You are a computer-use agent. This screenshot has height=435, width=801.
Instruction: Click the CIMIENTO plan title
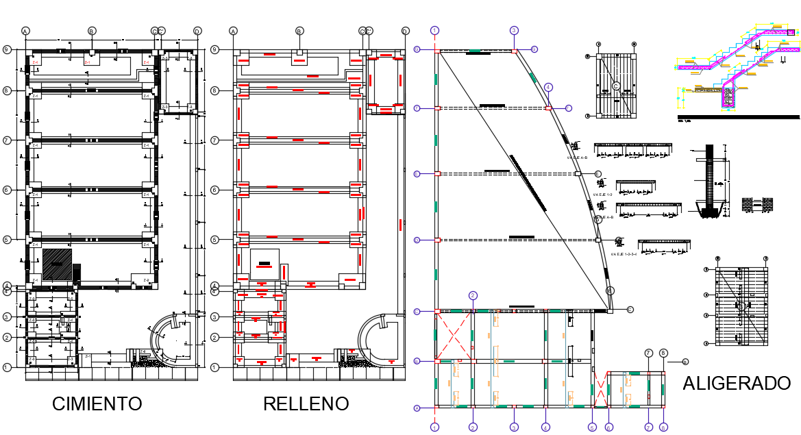(97, 403)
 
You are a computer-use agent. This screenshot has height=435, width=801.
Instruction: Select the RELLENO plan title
(306, 403)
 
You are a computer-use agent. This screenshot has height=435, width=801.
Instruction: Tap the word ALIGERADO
(736, 384)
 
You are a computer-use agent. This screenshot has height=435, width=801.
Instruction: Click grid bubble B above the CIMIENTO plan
(92, 31)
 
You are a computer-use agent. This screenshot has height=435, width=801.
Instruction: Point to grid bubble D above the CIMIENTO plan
(197, 31)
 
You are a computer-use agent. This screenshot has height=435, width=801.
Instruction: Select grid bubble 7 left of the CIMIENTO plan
(6, 140)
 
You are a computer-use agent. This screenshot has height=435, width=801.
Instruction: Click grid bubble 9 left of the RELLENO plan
(214, 49)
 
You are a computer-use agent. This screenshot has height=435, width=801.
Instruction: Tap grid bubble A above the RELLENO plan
(233, 31)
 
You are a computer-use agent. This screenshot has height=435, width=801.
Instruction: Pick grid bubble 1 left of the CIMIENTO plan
(6, 367)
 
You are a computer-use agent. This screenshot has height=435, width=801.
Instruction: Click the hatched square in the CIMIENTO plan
(56, 263)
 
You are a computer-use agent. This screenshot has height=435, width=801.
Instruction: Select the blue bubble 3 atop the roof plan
(513, 30)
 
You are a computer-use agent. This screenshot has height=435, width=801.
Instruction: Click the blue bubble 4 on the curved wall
(548, 87)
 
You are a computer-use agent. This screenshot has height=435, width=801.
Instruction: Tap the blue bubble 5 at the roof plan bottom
(592, 427)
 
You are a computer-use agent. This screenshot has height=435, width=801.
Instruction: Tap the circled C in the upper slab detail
(615, 86)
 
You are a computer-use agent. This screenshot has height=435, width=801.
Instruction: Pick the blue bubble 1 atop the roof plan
(434, 30)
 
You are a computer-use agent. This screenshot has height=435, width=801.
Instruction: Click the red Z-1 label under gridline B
(87, 62)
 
